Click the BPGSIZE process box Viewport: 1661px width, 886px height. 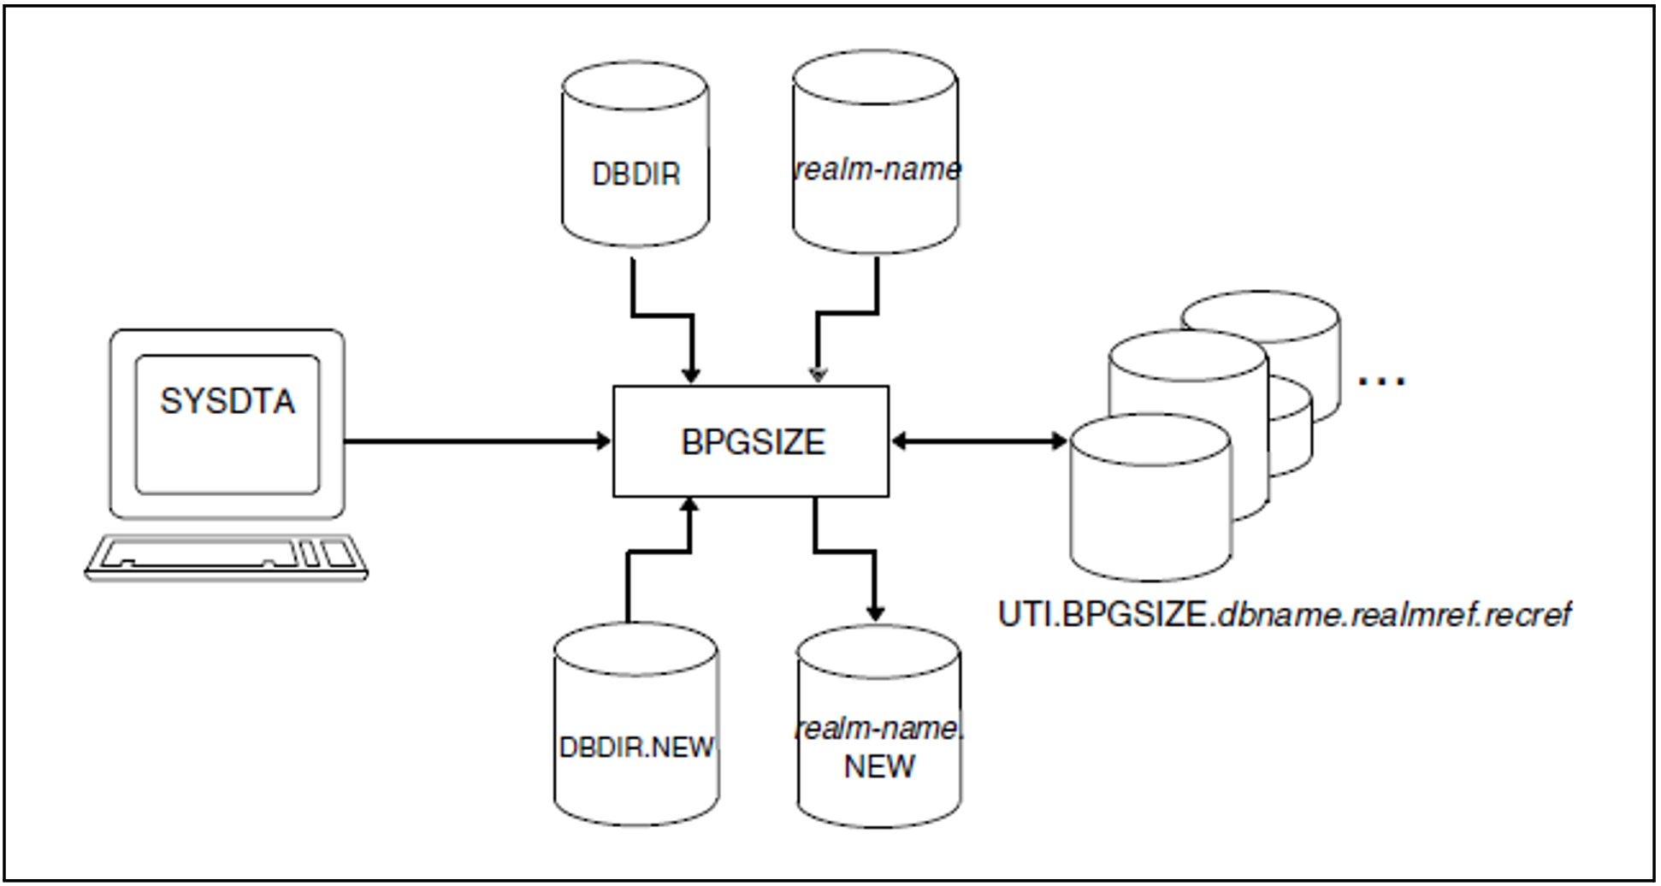pos(750,441)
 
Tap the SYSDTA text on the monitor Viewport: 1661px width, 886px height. pos(228,401)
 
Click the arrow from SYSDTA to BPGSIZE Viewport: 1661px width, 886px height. pos(476,442)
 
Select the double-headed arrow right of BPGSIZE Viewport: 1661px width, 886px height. pos(978,441)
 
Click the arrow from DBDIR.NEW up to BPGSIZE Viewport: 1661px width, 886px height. pos(659,552)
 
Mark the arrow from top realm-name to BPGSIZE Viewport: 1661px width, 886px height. pos(847,314)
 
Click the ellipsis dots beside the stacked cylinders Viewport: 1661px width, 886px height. pos(1381,381)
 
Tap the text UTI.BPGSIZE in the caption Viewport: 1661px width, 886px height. pos(1103,615)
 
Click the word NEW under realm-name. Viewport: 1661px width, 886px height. pos(878,766)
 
